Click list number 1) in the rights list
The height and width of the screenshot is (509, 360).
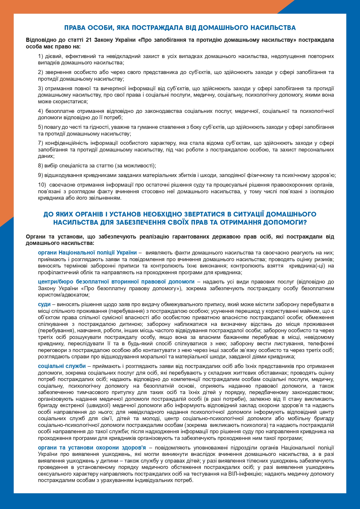(41, 56)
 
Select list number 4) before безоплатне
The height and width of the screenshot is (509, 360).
(41, 111)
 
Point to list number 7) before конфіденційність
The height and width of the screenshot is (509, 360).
(41, 143)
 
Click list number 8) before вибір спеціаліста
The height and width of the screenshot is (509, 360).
(41, 166)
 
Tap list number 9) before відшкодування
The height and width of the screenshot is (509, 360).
(41, 175)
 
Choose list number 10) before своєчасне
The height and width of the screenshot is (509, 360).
(42, 185)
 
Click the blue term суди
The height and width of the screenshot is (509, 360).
(44, 304)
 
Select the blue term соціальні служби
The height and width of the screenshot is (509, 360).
(62, 366)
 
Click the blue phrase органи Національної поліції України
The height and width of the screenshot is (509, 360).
(87, 252)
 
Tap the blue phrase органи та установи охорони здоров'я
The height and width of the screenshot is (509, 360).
(92, 447)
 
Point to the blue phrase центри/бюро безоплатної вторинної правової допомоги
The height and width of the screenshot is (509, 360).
(116, 281)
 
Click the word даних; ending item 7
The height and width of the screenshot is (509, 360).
(46, 156)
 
